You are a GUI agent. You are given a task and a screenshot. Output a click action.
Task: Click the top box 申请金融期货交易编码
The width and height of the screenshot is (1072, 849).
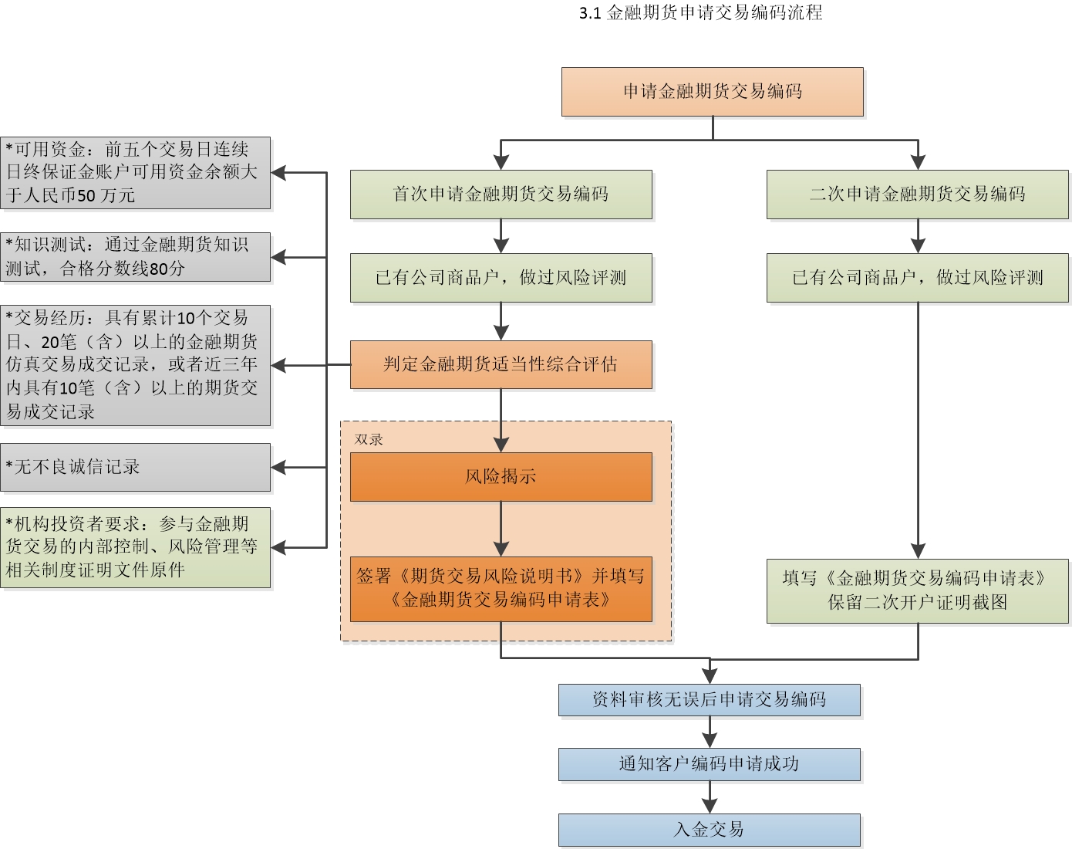712,92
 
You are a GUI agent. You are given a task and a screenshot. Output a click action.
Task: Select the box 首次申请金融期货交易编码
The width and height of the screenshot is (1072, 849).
501,194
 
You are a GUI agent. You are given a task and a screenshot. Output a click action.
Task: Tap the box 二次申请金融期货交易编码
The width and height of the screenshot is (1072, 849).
917,194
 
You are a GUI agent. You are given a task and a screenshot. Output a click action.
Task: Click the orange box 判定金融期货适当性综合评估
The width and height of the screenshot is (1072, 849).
501,364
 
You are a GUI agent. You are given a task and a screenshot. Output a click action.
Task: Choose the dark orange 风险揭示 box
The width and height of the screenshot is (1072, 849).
501,477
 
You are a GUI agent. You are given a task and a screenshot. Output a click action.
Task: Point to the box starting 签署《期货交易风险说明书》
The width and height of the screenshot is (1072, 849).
501,588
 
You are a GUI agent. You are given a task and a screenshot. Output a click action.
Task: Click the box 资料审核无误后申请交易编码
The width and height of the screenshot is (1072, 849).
709,700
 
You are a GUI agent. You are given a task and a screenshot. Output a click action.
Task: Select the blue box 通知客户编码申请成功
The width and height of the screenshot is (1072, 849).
709,764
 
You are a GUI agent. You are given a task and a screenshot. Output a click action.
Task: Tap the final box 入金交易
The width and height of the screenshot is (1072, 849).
709,830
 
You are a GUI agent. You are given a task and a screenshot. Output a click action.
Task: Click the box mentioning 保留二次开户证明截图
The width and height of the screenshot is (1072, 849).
917,590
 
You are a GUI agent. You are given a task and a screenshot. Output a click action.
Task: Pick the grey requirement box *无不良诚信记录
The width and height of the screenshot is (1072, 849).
135,467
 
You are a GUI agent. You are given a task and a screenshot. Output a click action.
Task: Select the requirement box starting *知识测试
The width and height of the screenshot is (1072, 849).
135,257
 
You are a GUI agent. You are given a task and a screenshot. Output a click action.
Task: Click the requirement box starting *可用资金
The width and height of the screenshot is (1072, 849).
135,173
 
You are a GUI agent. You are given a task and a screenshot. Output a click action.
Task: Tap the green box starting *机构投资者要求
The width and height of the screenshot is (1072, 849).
135,547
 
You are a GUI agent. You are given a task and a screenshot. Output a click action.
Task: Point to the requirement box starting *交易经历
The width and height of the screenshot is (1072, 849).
135,365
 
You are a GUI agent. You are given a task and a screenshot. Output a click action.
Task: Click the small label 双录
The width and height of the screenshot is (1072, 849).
369,440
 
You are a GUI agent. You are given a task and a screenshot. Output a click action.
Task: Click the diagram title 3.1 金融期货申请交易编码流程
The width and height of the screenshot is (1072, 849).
700,13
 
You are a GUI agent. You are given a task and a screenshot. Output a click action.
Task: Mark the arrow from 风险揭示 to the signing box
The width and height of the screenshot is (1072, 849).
501,529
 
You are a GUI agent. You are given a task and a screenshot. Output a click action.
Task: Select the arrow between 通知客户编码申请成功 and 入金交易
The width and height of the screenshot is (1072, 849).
710,797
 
